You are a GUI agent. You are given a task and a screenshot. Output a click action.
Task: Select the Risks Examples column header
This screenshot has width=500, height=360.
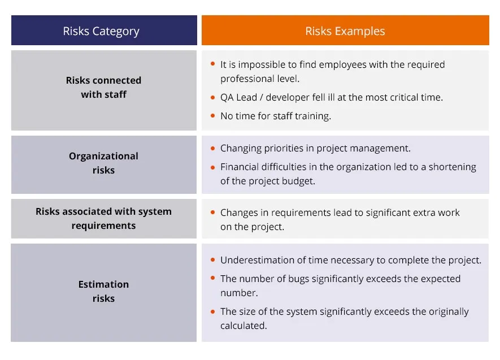click(x=345, y=31)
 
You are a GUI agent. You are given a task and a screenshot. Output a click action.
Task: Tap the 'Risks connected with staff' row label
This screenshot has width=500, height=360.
click(x=103, y=88)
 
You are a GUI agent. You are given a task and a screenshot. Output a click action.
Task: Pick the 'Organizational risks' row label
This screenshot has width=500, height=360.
click(x=103, y=163)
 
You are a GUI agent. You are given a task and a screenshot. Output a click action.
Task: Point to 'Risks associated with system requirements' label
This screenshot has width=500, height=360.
click(x=103, y=218)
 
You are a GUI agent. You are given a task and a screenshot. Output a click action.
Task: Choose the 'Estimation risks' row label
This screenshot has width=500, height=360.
click(x=103, y=291)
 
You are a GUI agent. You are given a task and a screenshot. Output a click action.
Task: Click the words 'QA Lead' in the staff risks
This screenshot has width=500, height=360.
click(x=238, y=97)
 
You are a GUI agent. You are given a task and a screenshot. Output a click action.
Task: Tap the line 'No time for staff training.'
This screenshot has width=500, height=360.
click(x=275, y=116)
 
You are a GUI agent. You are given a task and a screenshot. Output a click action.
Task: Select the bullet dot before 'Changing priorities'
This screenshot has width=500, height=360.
click(x=212, y=149)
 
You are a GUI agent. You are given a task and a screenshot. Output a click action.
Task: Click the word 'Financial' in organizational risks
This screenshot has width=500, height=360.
click(x=241, y=167)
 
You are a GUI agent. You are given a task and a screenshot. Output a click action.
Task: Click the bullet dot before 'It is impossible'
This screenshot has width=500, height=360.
click(x=212, y=65)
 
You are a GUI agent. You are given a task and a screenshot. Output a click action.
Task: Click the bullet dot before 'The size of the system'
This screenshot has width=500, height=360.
click(x=212, y=311)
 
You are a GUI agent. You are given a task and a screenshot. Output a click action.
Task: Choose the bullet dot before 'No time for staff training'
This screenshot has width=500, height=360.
click(x=212, y=116)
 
